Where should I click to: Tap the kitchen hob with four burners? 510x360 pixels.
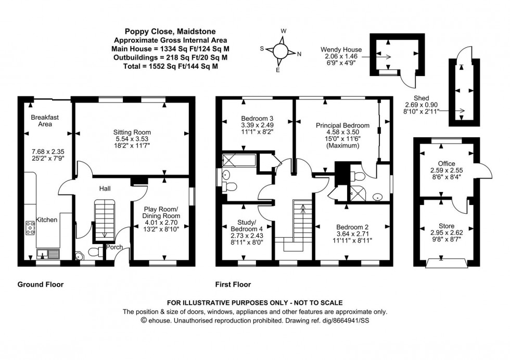(31, 227)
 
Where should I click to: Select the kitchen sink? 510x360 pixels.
(47, 254)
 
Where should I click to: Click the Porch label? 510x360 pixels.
(114, 247)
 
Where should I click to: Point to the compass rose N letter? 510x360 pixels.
(298, 54)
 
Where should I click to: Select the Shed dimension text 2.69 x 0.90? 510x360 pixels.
(422, 104)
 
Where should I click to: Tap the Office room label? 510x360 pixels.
(447, 163)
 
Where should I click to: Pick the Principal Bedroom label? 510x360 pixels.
(342, 125)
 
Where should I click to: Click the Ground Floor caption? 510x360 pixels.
(41, 285)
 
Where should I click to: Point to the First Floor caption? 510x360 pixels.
(233, 285)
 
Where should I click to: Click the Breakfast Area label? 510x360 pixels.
(45, 121)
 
